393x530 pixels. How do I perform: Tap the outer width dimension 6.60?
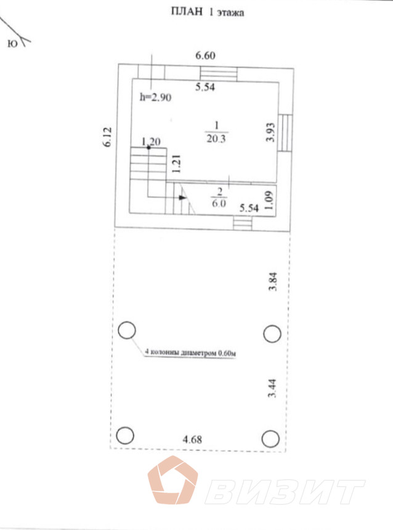click(x=205, y=56)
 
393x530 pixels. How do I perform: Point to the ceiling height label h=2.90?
click(x=155, y=97)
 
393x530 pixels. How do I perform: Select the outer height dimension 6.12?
click(x=107, y=136)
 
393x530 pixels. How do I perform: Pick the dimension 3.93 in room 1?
click(x=269, y=132)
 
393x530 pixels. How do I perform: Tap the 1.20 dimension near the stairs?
click(x=151, y=142)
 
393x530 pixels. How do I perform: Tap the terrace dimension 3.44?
click(x=272, y=391)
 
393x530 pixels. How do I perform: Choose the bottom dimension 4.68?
click(x=193, y=440)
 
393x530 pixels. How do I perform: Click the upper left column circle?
click(x=126, y=331)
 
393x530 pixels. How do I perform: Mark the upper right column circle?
click(x=272, y=334)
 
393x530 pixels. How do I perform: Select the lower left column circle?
click(x=124, y=436)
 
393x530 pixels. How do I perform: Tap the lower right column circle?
click(x=270, y=439)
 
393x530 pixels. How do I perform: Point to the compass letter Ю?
click(x=12, y=43)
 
